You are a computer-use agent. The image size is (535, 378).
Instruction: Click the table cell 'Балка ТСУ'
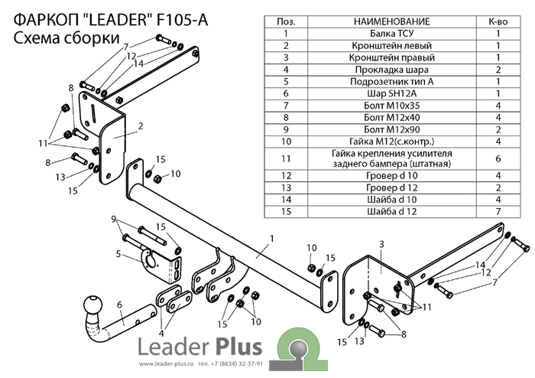coord(392,33)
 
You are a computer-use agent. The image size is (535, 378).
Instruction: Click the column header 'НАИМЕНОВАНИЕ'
coord(392,21)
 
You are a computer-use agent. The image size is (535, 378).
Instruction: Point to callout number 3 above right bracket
coord(380,244)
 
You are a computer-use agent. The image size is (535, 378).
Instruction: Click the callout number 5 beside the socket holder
coord(118,253)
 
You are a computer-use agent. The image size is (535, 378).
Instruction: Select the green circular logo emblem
coord(301,349)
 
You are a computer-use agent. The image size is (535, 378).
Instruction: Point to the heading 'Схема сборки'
coord(66,37)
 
